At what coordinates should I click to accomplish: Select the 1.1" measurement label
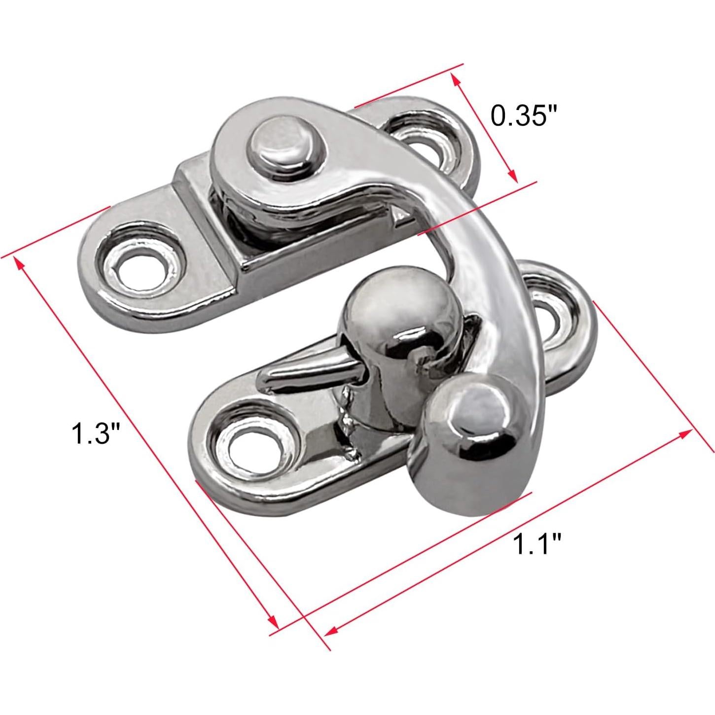click(537, 543)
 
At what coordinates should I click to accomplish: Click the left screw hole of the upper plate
click(138, 269)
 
